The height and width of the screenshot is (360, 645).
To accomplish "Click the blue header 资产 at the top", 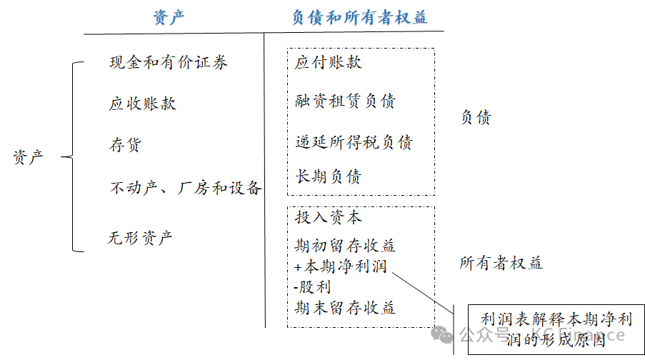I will point(169,17).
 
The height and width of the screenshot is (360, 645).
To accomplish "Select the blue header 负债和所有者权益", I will point(359,17).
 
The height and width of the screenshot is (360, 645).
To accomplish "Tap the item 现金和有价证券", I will point(169,63).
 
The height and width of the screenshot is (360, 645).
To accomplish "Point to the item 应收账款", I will point(142,104).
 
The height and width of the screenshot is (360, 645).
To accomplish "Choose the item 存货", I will point(125,146).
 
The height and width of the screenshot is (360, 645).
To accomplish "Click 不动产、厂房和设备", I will point(185,189).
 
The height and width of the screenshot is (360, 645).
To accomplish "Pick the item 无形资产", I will point(141,238).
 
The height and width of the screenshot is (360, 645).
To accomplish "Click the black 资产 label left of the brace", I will point(29,157).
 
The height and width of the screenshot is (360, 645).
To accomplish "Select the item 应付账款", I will point(329,63).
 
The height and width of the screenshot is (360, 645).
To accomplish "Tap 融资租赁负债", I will point(345,101).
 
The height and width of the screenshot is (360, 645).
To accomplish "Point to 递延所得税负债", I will point(354,143).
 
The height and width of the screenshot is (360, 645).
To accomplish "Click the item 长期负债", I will point(329,176).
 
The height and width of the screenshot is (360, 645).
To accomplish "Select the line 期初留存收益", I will point(345,246).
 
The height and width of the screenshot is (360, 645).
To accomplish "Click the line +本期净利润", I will point(340,267).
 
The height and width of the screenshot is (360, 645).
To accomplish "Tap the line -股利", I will point(312,287).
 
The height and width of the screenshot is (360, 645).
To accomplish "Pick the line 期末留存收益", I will point(345,308).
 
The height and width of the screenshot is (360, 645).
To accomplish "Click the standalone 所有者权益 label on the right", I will point(501,264).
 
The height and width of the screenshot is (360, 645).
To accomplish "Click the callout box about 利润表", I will point(550,329).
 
